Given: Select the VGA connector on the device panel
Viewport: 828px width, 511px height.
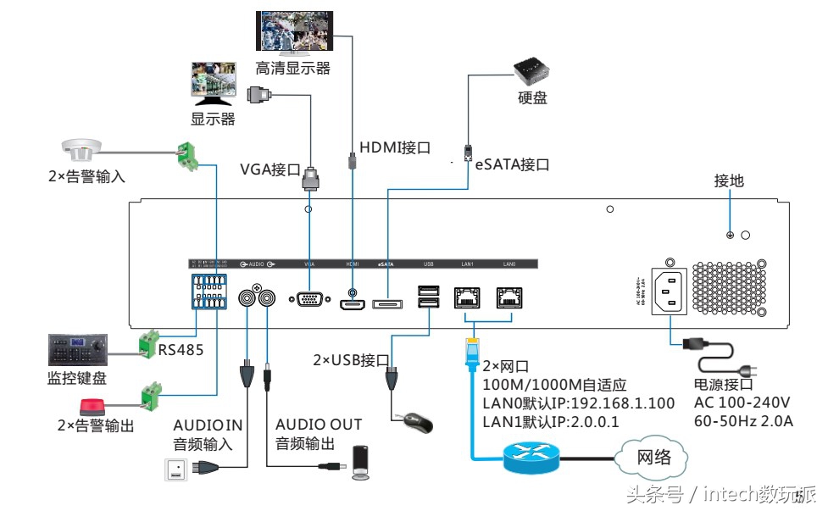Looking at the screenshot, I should click(309, 299).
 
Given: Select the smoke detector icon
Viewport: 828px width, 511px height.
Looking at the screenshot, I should click(82, 149).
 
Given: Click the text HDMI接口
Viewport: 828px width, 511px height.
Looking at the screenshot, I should click(395, 147).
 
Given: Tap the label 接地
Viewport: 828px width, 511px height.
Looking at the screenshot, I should click(728, 181).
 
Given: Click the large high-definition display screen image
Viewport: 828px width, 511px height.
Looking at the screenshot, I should click(293, 31).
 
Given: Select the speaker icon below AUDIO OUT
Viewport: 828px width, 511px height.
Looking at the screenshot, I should click(362, 462).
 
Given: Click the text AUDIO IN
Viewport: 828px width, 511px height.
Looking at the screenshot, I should click(208, 424).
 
